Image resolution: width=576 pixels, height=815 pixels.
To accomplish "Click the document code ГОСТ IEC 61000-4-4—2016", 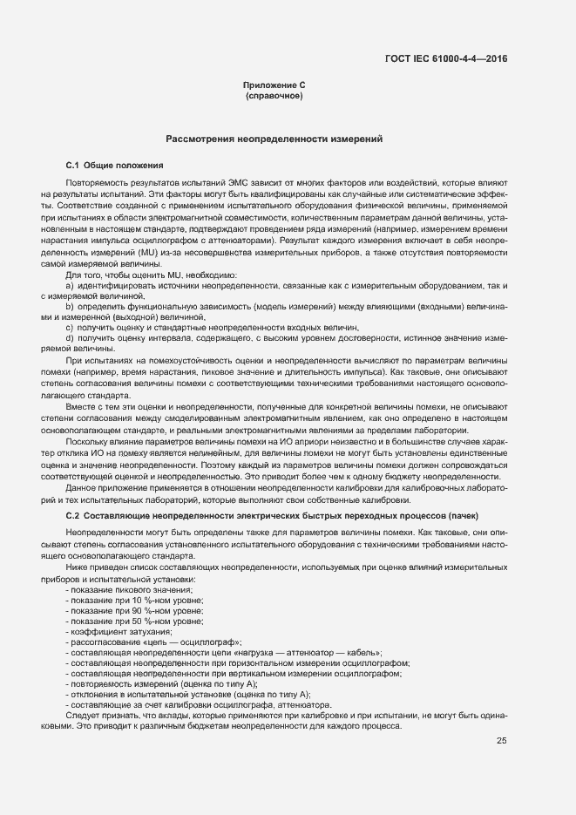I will pyautogui.click(x=445, y=58).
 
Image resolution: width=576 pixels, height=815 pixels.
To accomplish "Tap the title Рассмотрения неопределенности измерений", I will pyautogui.click(x=274, y=139).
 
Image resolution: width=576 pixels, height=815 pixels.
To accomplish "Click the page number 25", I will pyautogui.click(x=502, y=741).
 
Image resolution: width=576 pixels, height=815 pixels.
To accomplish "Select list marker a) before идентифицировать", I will pyautogui.click(x=69, y=286).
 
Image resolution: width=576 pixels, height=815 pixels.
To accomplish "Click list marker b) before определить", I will pyautogui.click(x=69, y=307).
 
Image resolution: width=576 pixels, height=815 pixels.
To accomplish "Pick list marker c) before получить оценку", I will pyautogui.click(x=69, y=327).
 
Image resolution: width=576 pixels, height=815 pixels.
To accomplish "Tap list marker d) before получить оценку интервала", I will pyautogui.click(x=69, y=337).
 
